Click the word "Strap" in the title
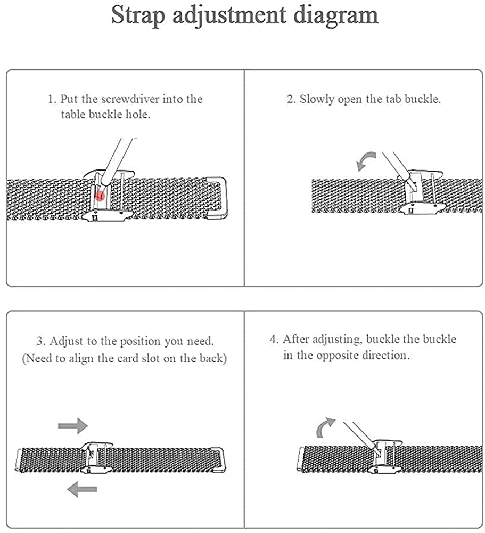click(x=138, y=15)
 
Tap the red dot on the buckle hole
click(x=100, y=196)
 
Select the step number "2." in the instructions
click(x=291, y=99)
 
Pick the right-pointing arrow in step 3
click(x=73, y=425)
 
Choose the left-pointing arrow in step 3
click(x=82, y=489)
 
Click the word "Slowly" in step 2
click(x=317, y=99)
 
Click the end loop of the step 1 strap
click(x=217, y=198)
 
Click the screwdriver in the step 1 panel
click(x=117, y=161)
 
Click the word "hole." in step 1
click(x=138, y=114)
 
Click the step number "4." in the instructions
click(x=274, y=339)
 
